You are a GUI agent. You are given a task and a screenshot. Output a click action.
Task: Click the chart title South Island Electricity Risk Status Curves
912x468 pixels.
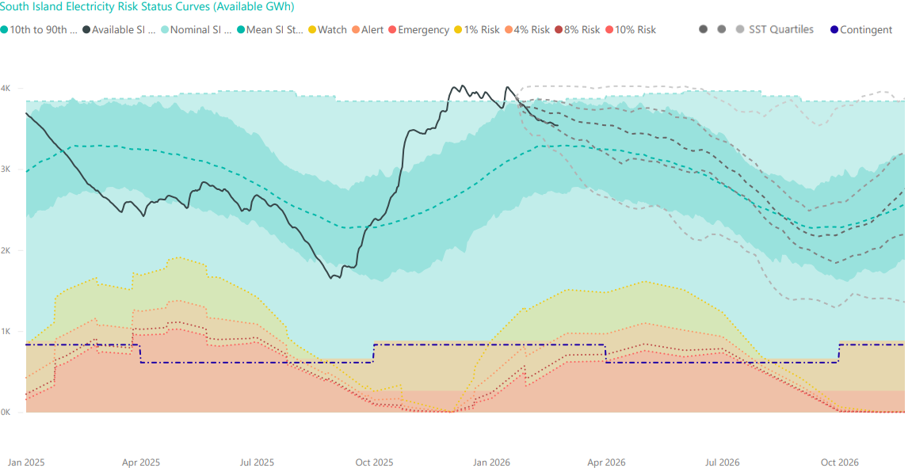tap(147, 7)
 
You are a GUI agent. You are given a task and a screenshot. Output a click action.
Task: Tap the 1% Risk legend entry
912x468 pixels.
tap(478, 30)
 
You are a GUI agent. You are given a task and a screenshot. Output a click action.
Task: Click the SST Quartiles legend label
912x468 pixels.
tap(780, 29)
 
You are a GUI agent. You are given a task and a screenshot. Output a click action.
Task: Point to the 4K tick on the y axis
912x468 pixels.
tap(6, 88)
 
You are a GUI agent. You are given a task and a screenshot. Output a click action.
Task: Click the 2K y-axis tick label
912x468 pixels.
tap(6, 250)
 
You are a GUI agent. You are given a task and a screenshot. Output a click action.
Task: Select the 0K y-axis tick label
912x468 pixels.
tap(6, 413)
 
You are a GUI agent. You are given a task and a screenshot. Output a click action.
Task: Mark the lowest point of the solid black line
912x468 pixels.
tap(331, 278)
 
